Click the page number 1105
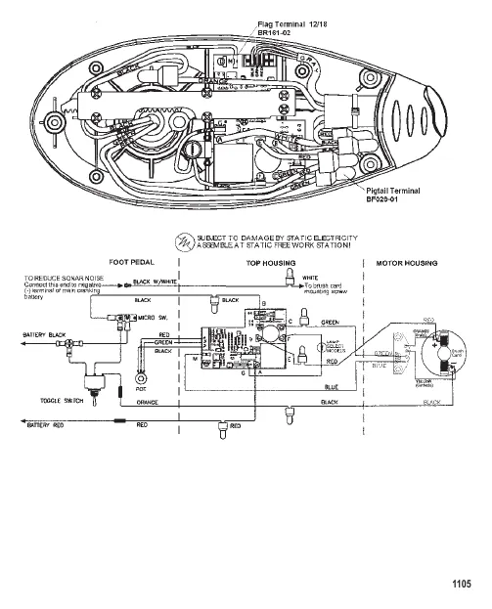[x=462, y=585]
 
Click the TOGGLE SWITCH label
[x=58, y=401]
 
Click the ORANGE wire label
[x=148, y=402]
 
